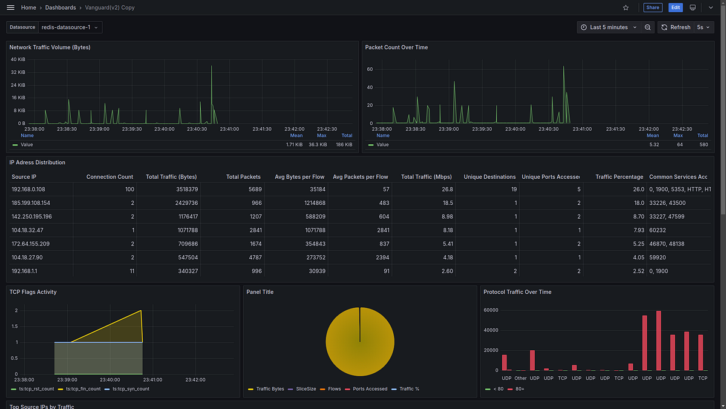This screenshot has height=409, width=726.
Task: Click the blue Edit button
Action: pos(675,7)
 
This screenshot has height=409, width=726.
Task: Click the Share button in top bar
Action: pos(652,7)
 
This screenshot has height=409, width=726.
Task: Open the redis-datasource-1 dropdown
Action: pos(70,27)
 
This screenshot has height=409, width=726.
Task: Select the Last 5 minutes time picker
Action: pos(609,27)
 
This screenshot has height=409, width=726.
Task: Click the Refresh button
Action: pos(675,27)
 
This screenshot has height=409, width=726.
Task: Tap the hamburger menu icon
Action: pos(10,7)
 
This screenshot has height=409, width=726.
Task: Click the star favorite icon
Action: pos(626,7)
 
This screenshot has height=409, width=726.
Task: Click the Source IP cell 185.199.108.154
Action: pos(31,203)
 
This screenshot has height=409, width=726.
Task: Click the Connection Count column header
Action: pos(110,177)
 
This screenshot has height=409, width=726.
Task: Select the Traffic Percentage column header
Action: pos(619,177)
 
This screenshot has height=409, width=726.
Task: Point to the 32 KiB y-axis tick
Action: pos(18,72)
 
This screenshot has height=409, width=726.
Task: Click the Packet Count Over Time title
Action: pos(396,47)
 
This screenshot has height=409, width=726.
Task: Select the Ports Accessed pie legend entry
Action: pos(370,389)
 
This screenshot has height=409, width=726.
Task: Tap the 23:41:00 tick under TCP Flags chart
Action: pos(152,380)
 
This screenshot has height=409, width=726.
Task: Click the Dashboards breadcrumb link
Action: pos(60,8)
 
